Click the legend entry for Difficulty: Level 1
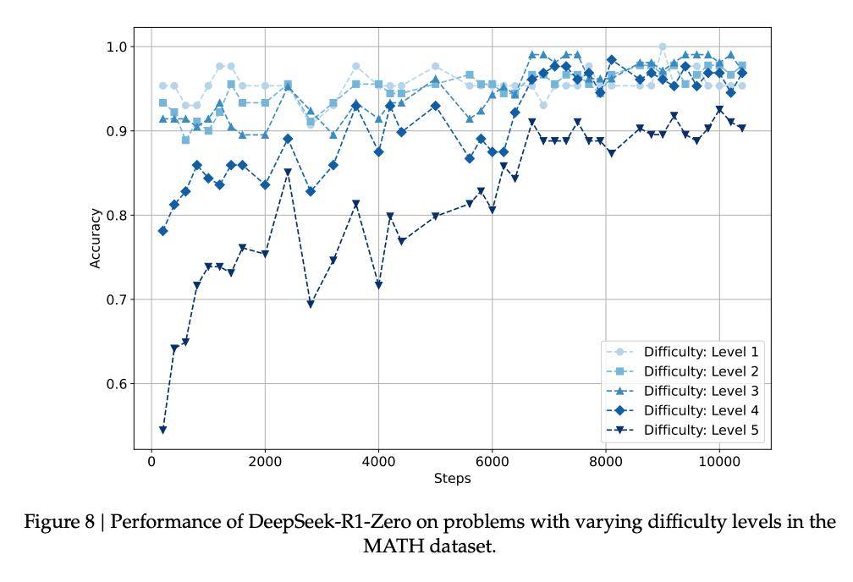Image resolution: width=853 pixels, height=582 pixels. click(x=701, y=352)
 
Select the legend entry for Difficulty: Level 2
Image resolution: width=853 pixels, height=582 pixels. click(x=701, y=371)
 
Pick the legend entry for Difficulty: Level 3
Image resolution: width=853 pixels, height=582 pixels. click(x=701, y=391)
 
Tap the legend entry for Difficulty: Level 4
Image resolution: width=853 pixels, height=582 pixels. click(x=701, y=410)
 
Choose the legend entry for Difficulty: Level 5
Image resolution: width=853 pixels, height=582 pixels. click(x=701, y=431)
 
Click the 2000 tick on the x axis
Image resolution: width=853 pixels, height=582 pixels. click(x=265, y=461)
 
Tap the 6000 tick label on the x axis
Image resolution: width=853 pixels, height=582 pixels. click(x=492, y=461)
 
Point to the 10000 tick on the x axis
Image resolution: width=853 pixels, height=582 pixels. click(x=719, y=461)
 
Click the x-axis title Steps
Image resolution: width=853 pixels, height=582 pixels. click(x=452, y=479)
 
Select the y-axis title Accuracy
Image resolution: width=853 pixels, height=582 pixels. click(x=96, y=238)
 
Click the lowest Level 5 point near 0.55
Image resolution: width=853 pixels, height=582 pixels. click(x=162, y=431)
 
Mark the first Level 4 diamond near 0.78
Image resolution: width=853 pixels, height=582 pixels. click(x=162, y=231)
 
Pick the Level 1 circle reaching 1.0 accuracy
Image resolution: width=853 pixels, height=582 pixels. click(x=663, y=47)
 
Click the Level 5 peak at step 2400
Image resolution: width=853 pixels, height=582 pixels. click(x=288, y=173)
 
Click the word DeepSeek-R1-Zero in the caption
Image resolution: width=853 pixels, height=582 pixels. click(x=312, y=522)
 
